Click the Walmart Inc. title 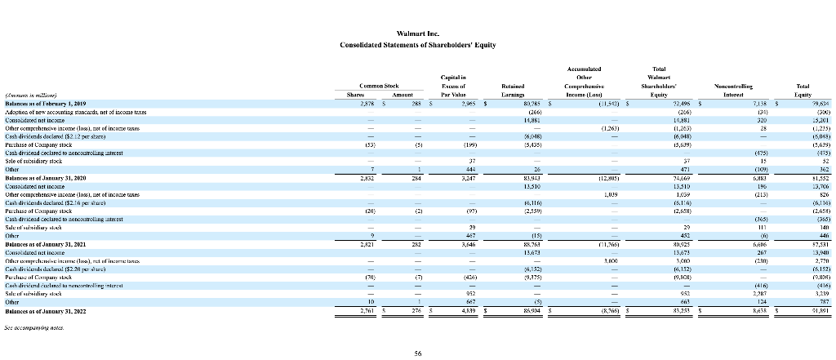click(417, 33)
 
